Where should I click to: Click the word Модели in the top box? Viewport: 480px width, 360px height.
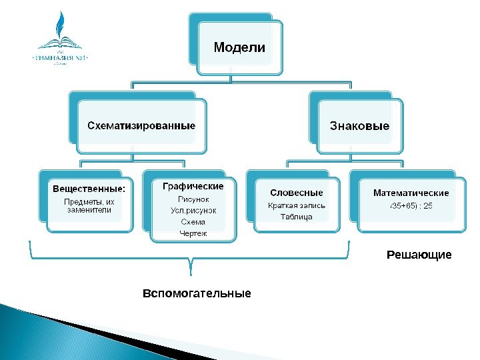click(239, 48)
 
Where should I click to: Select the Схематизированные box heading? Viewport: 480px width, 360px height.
click(142, 125)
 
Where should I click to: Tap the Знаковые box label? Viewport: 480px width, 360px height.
click(359, 125)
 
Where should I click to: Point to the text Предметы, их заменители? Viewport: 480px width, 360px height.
click(89, 205)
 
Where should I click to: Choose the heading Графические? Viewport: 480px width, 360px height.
click(193, 187)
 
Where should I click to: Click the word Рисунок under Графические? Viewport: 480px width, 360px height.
click(193, 199)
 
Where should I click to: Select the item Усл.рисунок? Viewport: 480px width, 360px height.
click(193, 211)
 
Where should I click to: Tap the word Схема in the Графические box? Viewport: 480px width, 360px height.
click(193, 222)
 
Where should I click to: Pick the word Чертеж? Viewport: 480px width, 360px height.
click(193, 233)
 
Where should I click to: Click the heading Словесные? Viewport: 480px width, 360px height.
click(297, 193)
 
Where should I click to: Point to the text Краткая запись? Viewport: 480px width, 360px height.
click(297, 205)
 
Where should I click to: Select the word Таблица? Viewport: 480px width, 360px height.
click(297, 217)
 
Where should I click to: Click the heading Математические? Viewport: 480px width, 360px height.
click(411, 193)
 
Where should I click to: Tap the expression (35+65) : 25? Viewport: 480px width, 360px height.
click(411, 205)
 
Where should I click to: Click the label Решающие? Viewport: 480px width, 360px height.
click(419, 255)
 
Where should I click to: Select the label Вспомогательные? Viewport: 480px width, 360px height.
click(198, 293)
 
